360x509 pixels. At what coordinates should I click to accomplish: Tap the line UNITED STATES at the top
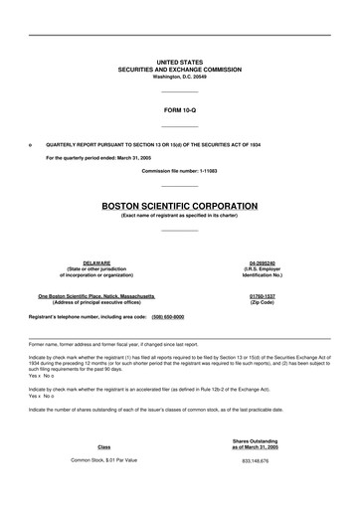[x=180, y=61]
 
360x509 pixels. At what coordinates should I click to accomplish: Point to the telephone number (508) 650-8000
[x=167, y=316]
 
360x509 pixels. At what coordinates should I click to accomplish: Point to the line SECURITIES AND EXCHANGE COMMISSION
[x=180, y=68]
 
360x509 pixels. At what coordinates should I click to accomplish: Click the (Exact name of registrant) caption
[x=180, y=215]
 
